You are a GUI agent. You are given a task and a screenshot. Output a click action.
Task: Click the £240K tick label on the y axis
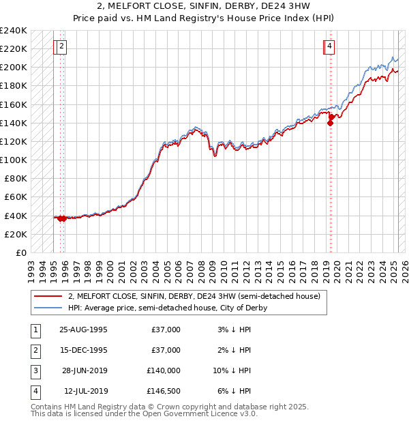14,31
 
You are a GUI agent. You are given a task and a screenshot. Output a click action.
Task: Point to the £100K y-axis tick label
14,160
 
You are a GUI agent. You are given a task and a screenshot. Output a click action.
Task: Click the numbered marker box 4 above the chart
329,46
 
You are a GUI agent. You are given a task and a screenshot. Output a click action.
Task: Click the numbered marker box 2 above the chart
61,46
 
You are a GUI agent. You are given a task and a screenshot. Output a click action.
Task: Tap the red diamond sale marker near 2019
331,123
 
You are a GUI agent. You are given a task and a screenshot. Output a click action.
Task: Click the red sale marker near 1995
62,218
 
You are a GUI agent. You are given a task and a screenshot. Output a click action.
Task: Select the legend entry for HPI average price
167,308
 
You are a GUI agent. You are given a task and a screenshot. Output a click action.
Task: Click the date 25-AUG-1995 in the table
83,330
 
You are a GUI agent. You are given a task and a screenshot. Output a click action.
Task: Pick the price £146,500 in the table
163,391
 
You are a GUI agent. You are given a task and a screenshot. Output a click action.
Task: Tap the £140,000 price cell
163,370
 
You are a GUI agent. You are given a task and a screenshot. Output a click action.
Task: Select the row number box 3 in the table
34,370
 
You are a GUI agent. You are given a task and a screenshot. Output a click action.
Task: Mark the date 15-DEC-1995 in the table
83,350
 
